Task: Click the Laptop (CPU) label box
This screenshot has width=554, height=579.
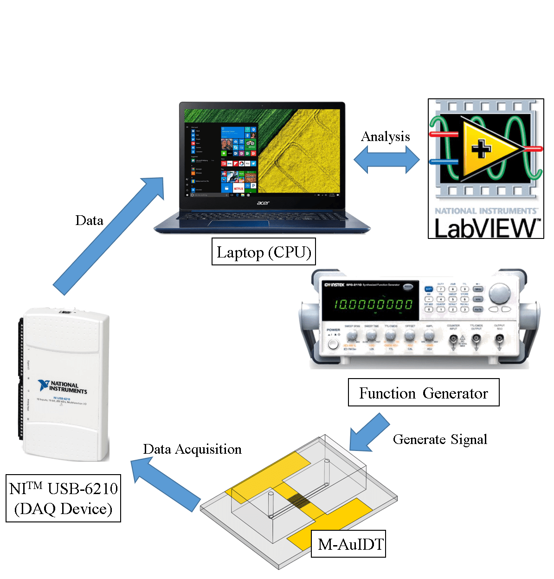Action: (264, 252)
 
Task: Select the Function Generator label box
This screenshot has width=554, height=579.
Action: (423, 393)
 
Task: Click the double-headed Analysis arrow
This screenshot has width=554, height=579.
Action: (387, 160)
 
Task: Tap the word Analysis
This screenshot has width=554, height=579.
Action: (385, 136)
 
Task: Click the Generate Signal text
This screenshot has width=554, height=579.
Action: (440, 439)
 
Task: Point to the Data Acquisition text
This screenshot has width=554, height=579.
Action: (192, 449)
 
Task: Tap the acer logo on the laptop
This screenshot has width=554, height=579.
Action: (263, 203)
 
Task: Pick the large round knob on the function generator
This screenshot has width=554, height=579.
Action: (499, 292)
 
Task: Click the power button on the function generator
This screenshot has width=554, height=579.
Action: (333, 344)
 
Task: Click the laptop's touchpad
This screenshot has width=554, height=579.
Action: (238, 224)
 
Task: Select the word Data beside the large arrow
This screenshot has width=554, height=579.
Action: (89, 220)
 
